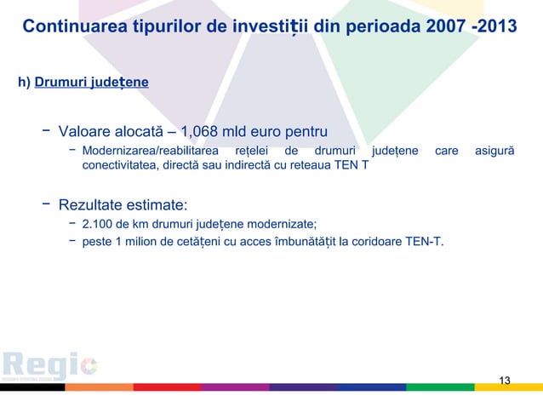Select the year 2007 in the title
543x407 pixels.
click(432, 26)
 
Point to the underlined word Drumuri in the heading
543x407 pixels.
click(64, 83)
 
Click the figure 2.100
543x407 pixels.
click(96, 224)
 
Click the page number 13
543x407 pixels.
click(505, 380)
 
